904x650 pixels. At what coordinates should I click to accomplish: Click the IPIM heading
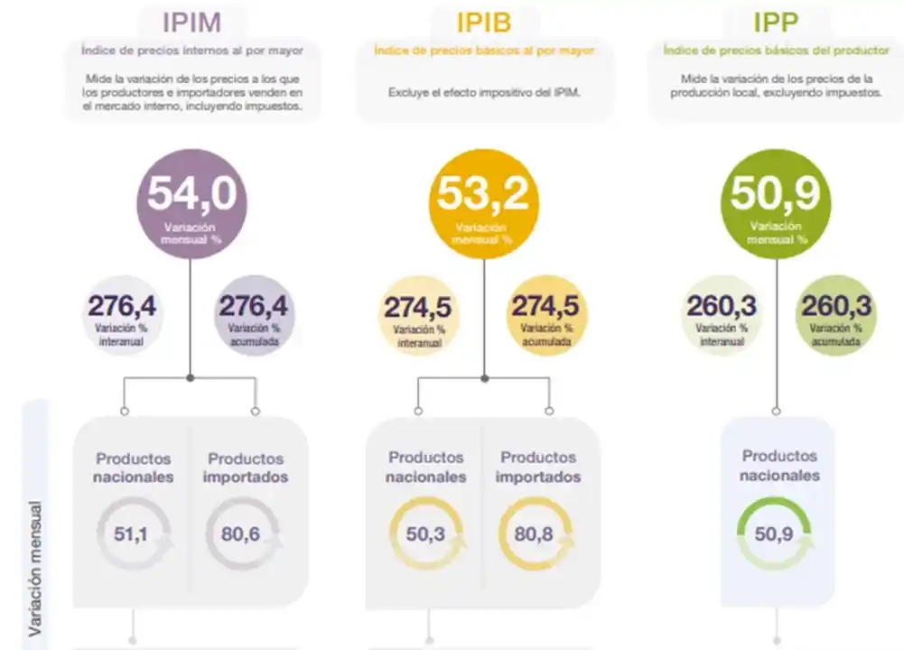coord(191,22)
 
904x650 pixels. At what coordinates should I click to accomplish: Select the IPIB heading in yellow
coord(484,22)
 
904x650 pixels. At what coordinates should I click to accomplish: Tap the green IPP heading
coord(777,22)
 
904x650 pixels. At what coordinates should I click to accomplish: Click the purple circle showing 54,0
coord(191,203)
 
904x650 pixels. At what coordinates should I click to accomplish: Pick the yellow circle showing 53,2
coord(483,203)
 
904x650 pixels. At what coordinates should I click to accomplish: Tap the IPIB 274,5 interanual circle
coord(417,316)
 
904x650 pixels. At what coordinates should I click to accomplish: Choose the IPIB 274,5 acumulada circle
coord(546,316)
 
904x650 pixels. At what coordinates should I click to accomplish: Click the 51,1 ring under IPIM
coord(132,534)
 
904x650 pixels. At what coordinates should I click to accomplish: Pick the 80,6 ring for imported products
coord(241,534)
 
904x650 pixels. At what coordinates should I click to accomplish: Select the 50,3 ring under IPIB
coord(425,534)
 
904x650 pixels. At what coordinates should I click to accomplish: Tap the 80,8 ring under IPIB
coord(535,534)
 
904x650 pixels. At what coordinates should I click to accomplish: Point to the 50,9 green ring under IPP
coord(774,534)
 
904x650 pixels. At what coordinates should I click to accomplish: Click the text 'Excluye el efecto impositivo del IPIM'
coord(484,92)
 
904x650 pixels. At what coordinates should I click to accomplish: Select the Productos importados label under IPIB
coord(538,468)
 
